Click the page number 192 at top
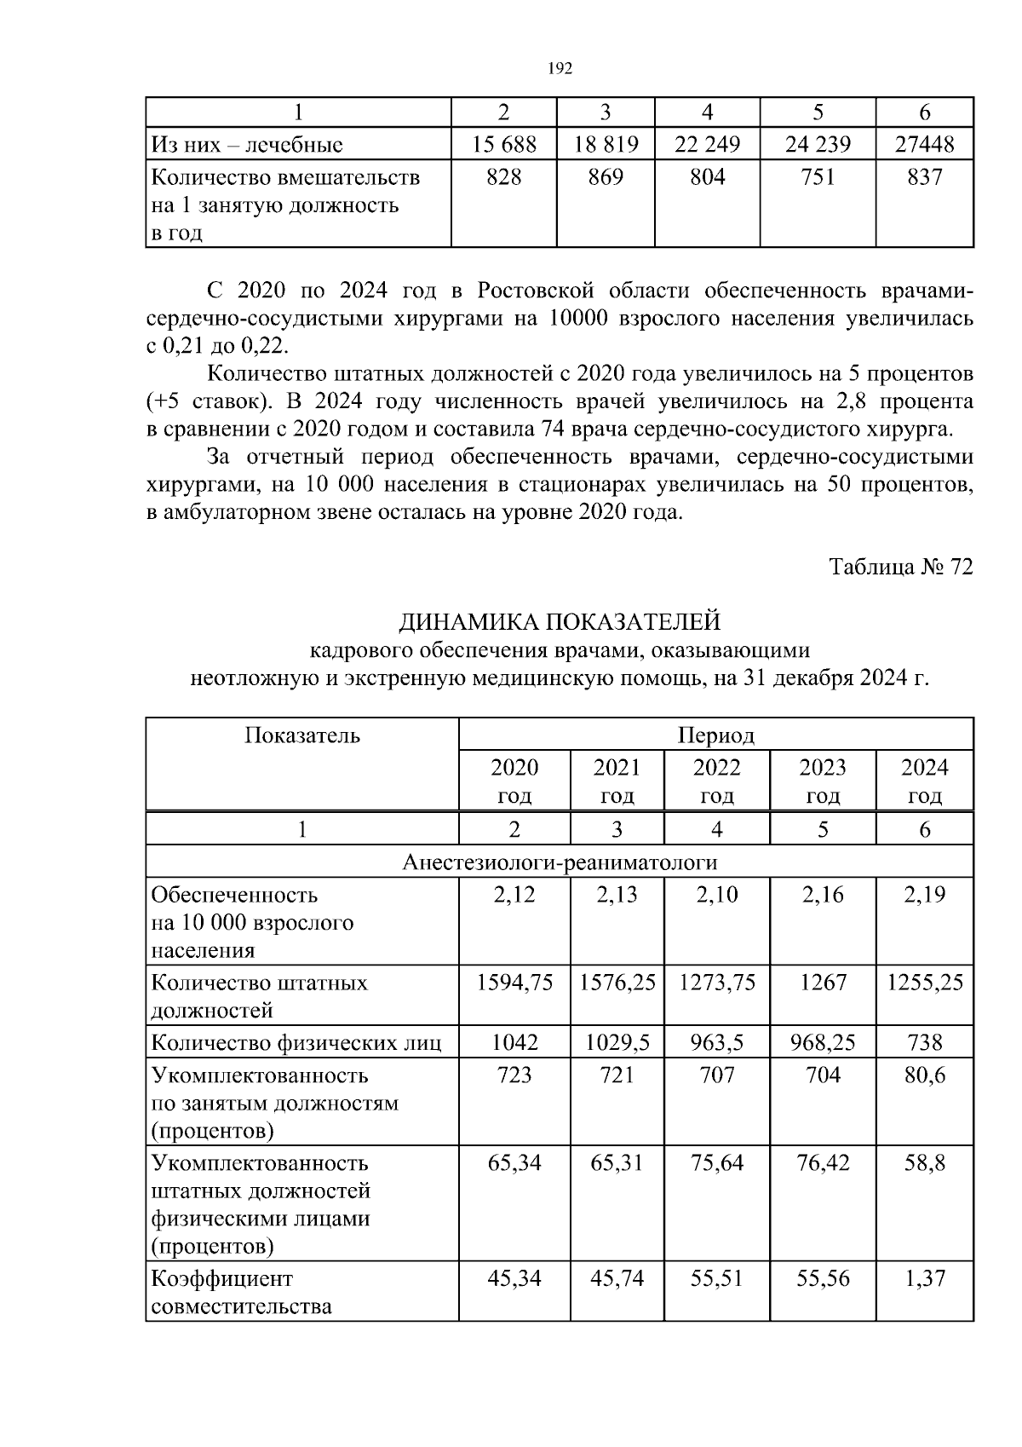click(559, 69)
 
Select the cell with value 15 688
click(504, 144)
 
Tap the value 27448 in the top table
click(925, 144)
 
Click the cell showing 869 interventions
click(605, 177)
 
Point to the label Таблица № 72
click(901, 568)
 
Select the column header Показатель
click(302, 735)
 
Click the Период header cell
click(715, 735)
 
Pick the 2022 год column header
click(716, 781)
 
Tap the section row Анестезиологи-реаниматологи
click(559, 862)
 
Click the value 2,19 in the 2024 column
click(925, 895)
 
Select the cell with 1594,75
click(514, 983)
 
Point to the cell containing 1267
click(823, 983)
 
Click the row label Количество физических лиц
click(296, 1042)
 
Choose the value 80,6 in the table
click(925, 1075)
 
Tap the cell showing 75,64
click(716, 1163)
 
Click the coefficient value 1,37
click(925, 1278)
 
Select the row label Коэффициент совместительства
click(242, 1292)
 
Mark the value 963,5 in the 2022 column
click(716, 1042)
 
